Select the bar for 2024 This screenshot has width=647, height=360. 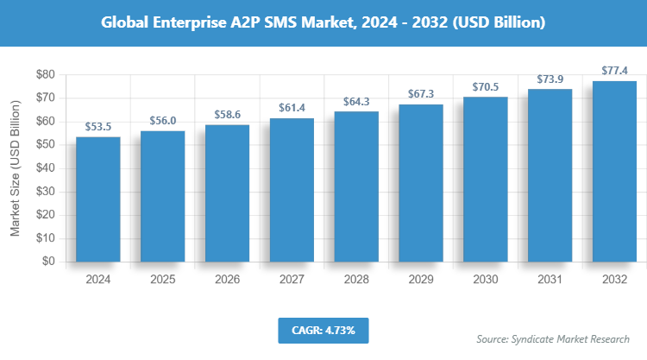pyautogui.click(x=98, y=199)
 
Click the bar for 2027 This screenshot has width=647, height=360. pyautogui.click(x=292, y=190)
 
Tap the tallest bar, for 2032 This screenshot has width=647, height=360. pyautogui.click(x=614, y=171)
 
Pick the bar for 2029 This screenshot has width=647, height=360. pyautogui.click(x=421, y=183)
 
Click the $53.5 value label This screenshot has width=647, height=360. pyautogui.click(x=98, y=127)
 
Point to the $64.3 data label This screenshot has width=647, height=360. pyautogui.click(x=356, y=102)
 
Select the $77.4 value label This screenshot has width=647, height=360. pyautogui.click(x=614, y=71)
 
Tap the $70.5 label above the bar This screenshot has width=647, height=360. pyautogui.click(x=486, y=87)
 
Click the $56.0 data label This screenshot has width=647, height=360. pyautogui.click(x=163, y=122)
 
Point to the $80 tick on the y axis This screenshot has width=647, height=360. pyautogui.click(x=44, y=75)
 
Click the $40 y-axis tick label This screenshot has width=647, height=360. pyautogui.click(x=44, y=168)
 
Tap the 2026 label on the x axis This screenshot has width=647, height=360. pyautogui.click(x=228, y=280)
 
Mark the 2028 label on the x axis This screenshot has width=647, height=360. pyautogui.click(x=356, y=280)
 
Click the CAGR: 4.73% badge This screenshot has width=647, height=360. pyautogui.click(x=323, y=330)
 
